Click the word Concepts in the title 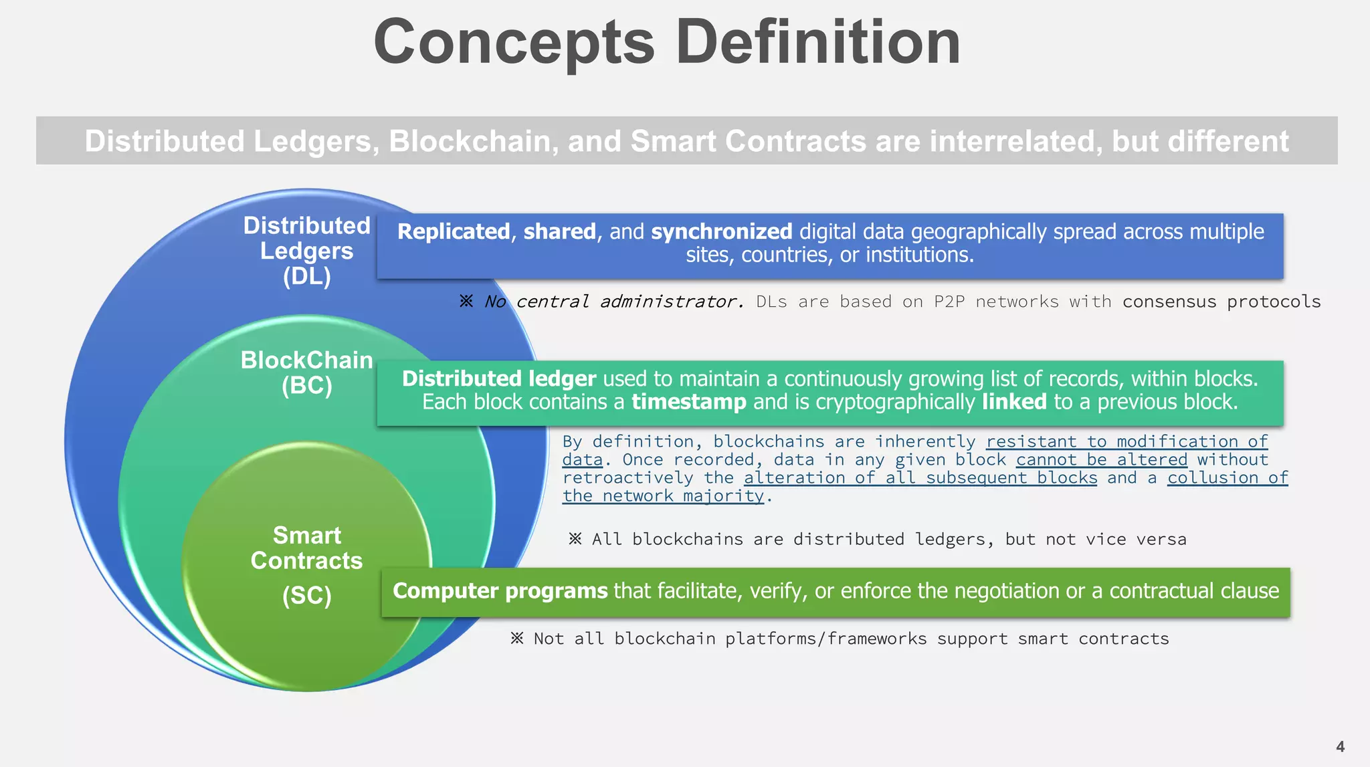514,43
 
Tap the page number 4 1340,746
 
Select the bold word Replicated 454,231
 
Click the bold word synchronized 721,231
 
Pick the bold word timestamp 688,402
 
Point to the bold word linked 1013,402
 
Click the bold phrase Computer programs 500,591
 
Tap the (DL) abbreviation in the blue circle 306,276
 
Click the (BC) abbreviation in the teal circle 306,386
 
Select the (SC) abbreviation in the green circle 306,595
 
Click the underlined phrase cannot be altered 1101,460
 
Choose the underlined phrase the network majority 662,496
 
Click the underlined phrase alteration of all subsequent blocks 920,478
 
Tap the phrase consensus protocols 1221,302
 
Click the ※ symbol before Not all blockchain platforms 516,639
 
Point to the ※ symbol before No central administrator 466,302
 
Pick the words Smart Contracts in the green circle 306,548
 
